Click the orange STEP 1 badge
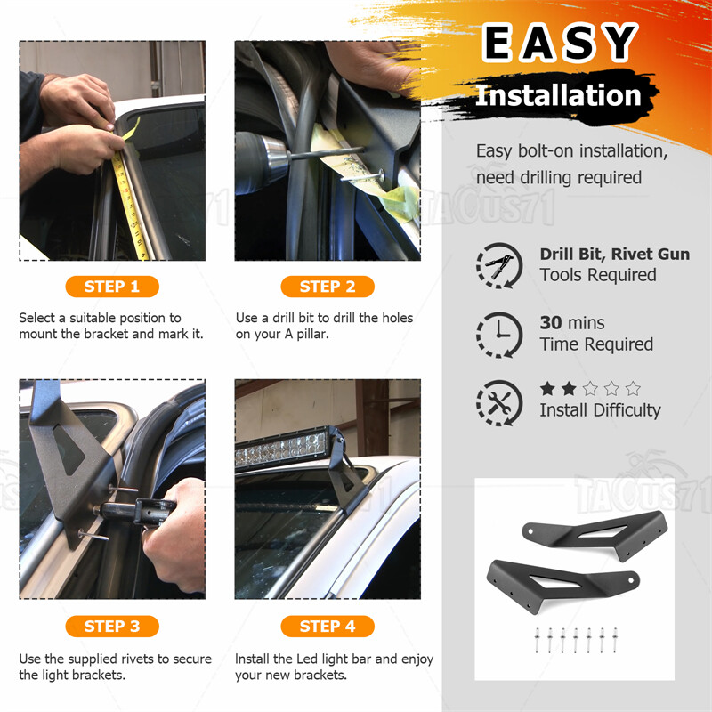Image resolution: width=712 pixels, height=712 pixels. (x=112, y=287)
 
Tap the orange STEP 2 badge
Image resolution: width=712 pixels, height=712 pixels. (x=328, y=287)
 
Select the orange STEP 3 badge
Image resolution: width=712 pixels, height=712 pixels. (x=112, y=627)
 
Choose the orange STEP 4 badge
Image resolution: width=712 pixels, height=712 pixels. (x=328, y=627)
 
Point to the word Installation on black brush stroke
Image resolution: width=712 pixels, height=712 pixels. (x=558, y=95)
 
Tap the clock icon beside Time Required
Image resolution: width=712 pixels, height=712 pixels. (x=498, y=334)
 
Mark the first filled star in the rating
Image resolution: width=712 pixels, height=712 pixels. (x=547, y=388)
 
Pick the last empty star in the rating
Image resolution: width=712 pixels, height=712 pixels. (x=633, y=388)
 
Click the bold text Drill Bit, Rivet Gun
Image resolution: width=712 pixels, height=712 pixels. (x=614, y=255)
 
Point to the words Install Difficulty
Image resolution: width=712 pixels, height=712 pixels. (x=600, y=410)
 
